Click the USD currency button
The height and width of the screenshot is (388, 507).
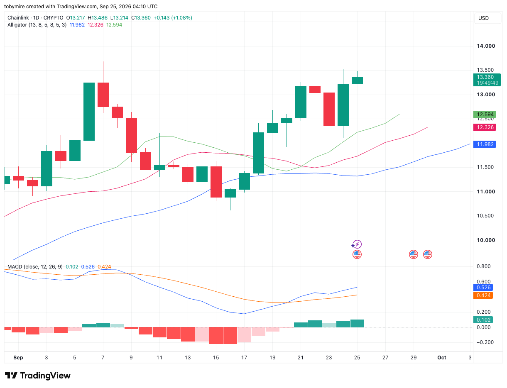point(487,18)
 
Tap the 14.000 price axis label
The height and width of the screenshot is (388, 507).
point(485,46)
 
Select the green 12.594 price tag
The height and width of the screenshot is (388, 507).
point(484,114)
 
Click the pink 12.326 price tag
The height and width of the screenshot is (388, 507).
point(484,127)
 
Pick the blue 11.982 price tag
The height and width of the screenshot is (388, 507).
point(484,144)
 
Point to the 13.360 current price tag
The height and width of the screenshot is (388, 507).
point(487,80)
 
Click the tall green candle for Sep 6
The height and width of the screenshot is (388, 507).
point(89,112)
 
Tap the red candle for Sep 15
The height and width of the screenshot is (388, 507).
point(216,182)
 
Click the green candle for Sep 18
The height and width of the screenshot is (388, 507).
point(258,153)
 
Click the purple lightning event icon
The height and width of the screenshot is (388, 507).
point(357,244)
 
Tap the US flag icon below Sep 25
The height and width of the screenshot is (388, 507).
point(357,254)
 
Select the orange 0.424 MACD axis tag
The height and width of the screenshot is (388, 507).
point(483,295)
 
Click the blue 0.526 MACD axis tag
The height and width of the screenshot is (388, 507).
point(483,287)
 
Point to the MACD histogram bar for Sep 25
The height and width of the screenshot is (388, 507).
point(357,323)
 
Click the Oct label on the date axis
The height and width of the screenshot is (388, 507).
point(441,357)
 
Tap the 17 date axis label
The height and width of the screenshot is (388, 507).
point(244,357)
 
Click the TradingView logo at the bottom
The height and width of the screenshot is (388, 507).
point(37,376)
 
